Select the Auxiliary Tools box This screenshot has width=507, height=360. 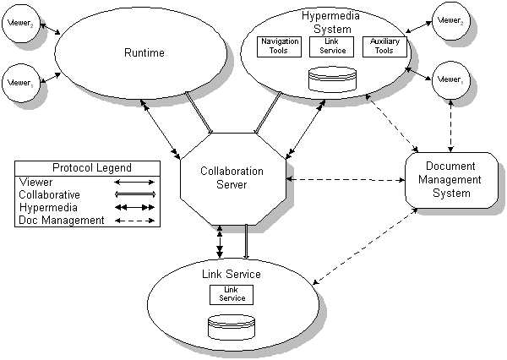(x=384, y=46)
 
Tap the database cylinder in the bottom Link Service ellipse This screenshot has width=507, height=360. (x=232, y=326)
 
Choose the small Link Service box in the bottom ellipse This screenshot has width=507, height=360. (x=232, y=294)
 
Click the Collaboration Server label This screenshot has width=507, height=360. (x=232, y=177)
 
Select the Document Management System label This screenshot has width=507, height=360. (x=453, y=179)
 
